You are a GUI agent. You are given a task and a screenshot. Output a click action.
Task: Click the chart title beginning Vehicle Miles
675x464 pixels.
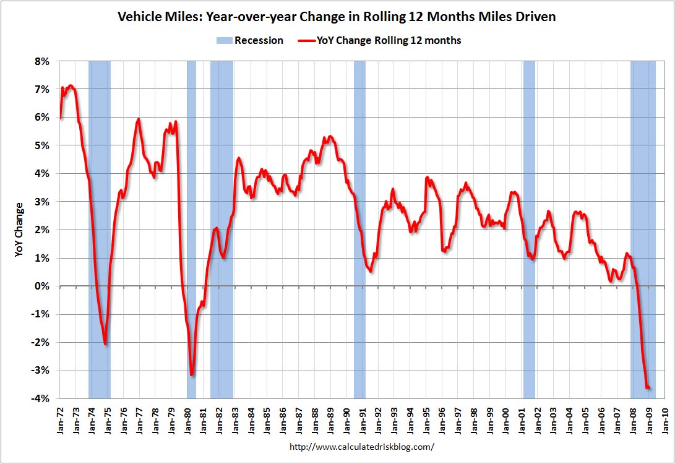(x=337, y=17)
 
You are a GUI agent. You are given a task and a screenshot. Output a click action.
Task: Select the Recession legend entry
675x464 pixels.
(x=249, y=41)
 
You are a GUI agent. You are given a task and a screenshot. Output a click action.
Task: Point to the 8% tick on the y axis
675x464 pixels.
(x=41, y=62)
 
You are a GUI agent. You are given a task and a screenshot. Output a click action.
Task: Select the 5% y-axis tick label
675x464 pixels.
(x=41, y=146)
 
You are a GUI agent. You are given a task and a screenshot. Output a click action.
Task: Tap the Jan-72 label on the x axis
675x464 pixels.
(x=61, y=418)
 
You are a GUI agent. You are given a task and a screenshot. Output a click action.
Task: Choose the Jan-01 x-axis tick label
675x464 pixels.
(x=522, y=418)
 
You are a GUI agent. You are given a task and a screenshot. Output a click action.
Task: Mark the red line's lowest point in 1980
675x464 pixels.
(x=192, y=374)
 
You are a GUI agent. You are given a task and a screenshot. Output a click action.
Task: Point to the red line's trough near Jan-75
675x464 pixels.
(x=106, y=344)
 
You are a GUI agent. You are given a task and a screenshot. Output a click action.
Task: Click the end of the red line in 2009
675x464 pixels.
(x=650, y=389)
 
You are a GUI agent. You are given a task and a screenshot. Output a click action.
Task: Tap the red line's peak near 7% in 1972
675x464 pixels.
(x=71, y=86)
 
